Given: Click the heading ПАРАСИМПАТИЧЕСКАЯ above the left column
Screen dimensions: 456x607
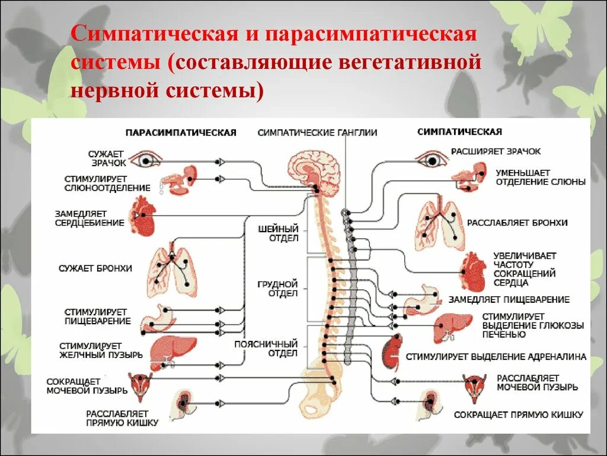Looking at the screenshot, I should tap(181, 132).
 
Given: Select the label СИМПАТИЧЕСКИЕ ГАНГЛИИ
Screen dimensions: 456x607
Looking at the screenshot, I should tap(317, 133).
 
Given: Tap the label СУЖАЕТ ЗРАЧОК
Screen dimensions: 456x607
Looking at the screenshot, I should tap(108, 158).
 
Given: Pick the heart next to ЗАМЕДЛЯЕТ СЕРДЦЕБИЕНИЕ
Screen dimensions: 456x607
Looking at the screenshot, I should tap(146, 216).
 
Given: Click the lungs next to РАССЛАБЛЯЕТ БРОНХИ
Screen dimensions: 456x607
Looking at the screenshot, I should tap(439, 224).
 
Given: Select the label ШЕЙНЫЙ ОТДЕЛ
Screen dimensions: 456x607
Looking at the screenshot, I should tap(278, 234).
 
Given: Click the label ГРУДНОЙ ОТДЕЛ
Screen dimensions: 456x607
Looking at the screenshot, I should tap(278, 289).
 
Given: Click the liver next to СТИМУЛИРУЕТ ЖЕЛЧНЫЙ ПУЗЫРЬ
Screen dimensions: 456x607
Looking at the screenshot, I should tap(169, 350).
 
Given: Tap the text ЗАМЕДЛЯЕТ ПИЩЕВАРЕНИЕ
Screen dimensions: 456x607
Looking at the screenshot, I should tap(509, 300).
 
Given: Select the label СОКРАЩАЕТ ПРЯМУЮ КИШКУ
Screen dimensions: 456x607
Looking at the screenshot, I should tap(519, 415).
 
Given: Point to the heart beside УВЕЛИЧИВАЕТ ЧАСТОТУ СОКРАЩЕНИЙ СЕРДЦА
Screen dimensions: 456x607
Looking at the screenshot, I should tap(474, 270).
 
